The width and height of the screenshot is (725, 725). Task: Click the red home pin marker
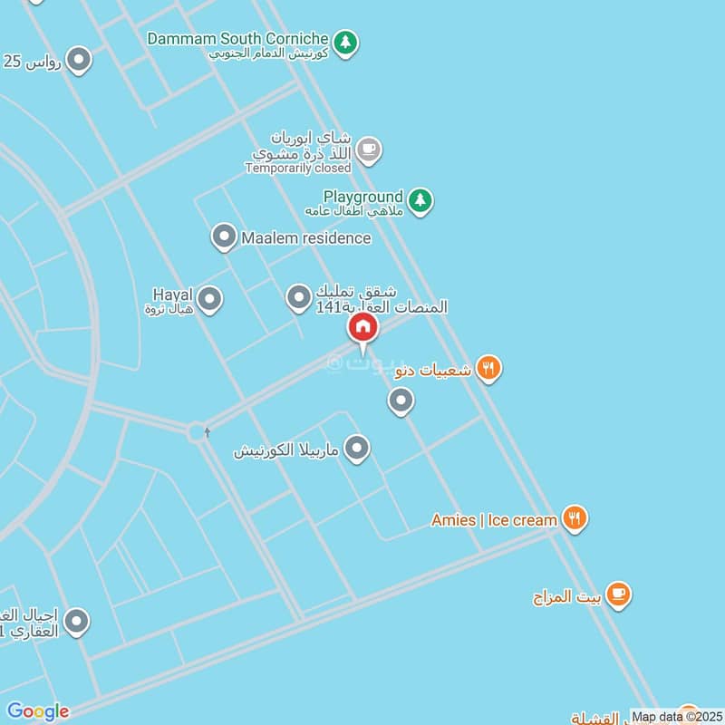point(362,327)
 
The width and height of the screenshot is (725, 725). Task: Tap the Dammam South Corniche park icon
point(344,42)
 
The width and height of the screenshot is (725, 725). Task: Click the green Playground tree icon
point(419,200)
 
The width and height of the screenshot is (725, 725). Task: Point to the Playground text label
point(363,197)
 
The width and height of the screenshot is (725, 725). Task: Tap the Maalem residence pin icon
point(223,237)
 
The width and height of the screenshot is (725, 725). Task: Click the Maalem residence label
point(306,238)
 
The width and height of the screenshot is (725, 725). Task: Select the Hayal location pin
point(209,298)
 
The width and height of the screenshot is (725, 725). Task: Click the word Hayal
point(173,295)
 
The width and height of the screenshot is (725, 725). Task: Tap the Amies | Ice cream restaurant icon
point(573,518)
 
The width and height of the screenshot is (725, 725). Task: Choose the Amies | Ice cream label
point(494,520)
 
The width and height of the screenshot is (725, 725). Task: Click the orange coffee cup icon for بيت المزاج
point(618,594)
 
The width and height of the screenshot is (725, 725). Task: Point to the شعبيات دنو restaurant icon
point(488,368)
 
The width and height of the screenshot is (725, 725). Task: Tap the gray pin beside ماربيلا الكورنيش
point(358,448)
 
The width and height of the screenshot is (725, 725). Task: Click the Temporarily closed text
point(297,168)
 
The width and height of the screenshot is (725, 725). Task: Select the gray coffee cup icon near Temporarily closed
point(367,150)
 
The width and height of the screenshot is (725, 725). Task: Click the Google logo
point(38,711)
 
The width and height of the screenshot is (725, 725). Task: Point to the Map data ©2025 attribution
point(676,717)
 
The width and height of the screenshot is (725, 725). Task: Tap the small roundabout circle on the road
point(197,431)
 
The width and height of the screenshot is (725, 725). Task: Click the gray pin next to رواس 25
point(80,61)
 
